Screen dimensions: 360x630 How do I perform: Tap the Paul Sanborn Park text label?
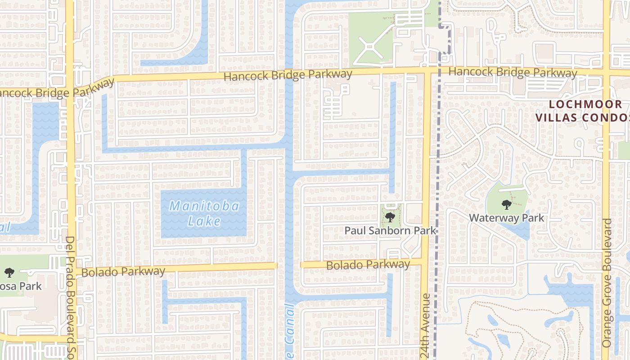pyautogui.click(x=390, y=230)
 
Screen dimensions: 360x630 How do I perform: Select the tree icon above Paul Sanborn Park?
pyautogui.click(x=390, y=217)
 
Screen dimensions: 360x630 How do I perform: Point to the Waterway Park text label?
pyautogui.click(x=506, y=218)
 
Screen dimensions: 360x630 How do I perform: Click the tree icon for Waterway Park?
pyautogui.click(x=506, y=205)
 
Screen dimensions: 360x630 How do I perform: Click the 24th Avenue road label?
pyautogui.click(x=426, y=326)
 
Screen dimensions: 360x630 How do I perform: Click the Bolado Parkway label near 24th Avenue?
pyautogui.click(x=368, y=265)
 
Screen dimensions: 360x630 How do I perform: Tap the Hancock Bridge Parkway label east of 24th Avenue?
pyautogui.click(x=513, y=72)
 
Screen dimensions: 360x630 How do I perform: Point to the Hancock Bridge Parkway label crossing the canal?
pyautogui.click(x=288, y=75)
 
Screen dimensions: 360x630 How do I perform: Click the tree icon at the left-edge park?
pyautogui.click(x=9, y=272)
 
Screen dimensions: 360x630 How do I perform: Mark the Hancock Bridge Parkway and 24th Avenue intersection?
pyautogui.click(x=426, y=72)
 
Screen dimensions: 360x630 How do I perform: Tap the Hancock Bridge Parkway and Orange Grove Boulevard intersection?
pyautogui.click(x=606, y=72)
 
